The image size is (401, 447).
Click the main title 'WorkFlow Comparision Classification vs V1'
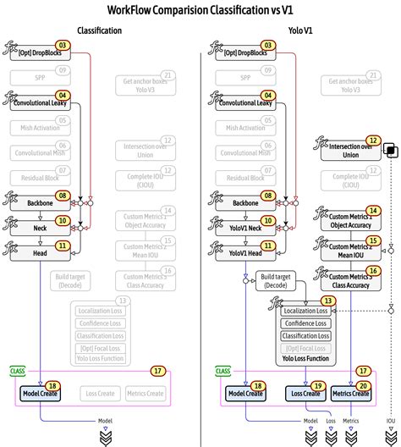[x=200, y=10]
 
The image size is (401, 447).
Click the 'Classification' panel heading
[x=99, y=30]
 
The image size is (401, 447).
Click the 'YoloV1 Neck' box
[x=244, y=229]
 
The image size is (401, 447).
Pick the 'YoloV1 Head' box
[x=244, y=252]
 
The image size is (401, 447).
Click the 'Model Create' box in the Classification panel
[x=41, y=393]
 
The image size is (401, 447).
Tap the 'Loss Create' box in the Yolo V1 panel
[x=306, y=393]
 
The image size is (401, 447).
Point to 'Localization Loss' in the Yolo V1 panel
[x=305, y=311]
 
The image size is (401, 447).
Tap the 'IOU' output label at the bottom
[x=390, y=421]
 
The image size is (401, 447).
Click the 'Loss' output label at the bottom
[x=331, y=421]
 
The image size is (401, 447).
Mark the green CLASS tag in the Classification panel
[x=18, y=371]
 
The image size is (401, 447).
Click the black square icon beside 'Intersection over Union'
[x=391, y=150]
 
